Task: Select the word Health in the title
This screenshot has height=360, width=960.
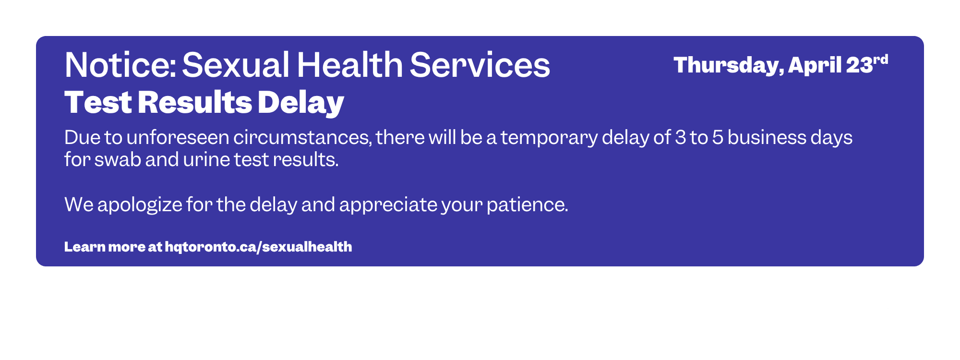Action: pos(350,65)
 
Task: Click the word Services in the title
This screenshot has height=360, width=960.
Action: pos(480,65)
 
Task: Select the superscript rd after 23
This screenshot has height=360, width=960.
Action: pos(881,60)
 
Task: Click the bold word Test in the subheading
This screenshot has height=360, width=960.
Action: pos(98,102)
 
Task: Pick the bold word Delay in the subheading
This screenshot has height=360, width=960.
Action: pos(301,103)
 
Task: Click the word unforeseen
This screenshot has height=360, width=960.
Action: pos(178,138)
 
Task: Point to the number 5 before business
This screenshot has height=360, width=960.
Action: pos(718,138)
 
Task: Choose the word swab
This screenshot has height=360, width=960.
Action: pos(118,159)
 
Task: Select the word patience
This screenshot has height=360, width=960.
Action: pos(528,205)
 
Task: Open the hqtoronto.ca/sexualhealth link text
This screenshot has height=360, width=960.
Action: pos(258,247)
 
